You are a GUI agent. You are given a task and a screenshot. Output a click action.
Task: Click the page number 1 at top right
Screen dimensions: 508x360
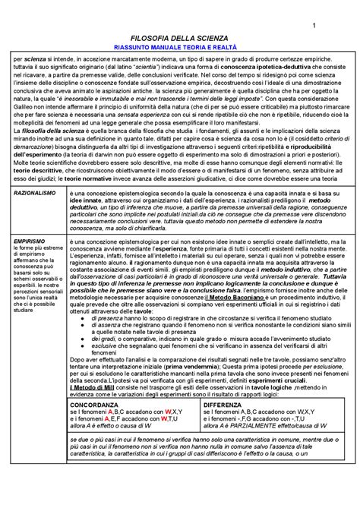(x=313, y=29)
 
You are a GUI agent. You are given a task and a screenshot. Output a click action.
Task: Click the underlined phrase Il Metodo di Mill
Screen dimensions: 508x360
(x=94, y=386)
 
